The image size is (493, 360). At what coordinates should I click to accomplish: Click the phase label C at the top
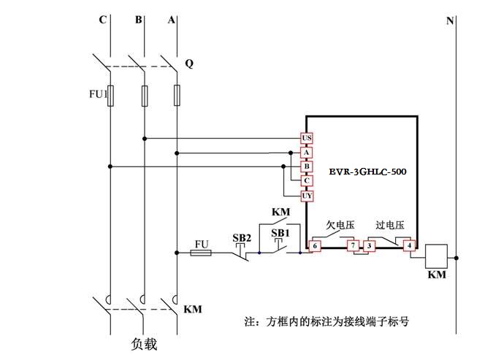103,20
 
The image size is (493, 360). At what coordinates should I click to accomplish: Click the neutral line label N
450,20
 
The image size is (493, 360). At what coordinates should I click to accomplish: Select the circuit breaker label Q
189,64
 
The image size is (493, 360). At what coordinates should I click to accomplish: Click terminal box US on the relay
307,138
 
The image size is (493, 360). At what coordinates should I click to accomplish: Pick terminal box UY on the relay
307,196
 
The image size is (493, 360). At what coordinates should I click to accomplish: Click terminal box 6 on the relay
315,246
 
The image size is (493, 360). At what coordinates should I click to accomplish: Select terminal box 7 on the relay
353,246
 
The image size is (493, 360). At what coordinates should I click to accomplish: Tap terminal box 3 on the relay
370,246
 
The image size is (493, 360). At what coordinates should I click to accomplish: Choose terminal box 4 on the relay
410,246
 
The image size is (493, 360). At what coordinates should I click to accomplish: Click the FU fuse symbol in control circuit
201,253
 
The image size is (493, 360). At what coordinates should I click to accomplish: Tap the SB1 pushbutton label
280,232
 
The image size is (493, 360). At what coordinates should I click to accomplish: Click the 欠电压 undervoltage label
340,226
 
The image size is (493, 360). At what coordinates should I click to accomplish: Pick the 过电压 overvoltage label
390,226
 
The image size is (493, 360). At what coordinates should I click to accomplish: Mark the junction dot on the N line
456,257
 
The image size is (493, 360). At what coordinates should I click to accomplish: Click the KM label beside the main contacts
193,310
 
